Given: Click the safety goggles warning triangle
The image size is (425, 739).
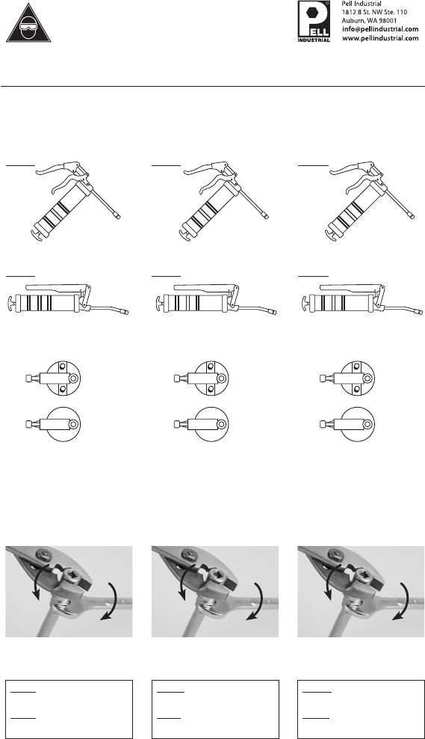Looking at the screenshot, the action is [28, 24].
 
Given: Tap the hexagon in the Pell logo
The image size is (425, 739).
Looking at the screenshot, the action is [311, 13].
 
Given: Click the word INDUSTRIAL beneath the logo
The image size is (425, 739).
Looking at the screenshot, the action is [314, 40].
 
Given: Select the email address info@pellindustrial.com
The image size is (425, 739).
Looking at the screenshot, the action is [380, 29].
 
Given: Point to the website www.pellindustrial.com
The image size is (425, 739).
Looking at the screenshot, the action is [380, 38].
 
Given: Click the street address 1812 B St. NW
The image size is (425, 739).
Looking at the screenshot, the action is [364, 12].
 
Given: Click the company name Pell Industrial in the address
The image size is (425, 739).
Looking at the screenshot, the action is [362, 4].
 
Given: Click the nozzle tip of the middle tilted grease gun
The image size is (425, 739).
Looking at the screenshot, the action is [266, 216].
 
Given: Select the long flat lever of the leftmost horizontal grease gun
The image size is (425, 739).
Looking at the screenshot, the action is [57, 287].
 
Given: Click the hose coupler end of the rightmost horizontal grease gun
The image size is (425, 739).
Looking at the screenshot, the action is [419, 311].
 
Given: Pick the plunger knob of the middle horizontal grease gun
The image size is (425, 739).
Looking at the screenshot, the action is [158, 303].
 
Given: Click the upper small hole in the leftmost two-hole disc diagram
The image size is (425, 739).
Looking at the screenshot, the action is [63, 367].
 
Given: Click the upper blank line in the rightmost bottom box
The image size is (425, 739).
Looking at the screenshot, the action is [317, 693].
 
